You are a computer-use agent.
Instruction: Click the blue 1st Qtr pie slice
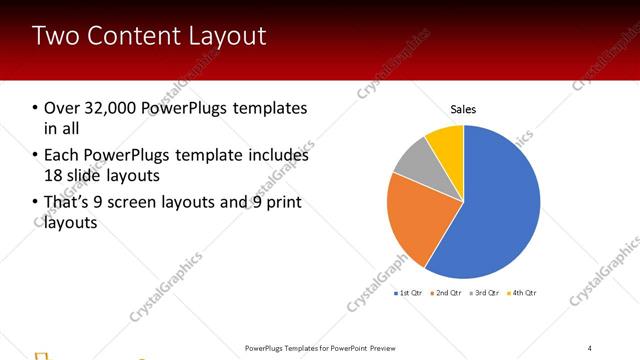pos(500,210)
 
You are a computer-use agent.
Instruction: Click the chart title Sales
pos(463,108)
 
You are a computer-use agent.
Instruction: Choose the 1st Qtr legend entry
pos(409,293)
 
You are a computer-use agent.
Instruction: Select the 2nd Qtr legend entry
pos(446,293)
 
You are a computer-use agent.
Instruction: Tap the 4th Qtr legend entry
pos(522,293)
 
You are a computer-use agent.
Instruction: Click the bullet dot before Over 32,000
pos(35,108)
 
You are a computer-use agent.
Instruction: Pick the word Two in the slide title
pos(53,37)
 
